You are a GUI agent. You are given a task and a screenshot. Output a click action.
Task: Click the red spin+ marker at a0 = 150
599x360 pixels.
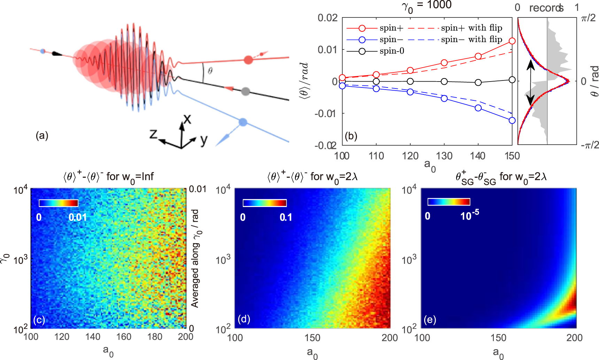coord(512,41)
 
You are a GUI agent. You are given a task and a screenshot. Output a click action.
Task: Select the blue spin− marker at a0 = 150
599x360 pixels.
coord(512,121)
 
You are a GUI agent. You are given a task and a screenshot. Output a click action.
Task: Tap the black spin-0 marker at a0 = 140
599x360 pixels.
coord(478,83)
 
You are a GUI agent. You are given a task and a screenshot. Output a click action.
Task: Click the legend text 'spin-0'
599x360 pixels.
coord(392,51)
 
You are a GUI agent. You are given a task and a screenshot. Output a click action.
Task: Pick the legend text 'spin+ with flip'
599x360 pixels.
coord(472,28)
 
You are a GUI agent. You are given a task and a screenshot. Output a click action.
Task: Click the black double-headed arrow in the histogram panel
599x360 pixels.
coord(530,83)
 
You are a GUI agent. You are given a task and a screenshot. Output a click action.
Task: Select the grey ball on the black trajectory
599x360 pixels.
coord(246,92)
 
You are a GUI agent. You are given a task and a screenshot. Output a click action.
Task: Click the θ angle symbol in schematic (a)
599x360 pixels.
coord(210,71)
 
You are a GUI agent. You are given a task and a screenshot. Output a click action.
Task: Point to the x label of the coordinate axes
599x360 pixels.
coord(187,120)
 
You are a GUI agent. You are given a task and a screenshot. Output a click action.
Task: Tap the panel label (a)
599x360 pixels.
coord(42,136)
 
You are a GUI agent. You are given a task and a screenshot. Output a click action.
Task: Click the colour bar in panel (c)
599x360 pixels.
coord(59,203)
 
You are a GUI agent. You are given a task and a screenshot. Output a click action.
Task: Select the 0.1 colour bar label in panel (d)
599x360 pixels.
coord(286,217)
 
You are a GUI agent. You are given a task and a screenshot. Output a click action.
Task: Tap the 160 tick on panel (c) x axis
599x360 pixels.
coord(124,337)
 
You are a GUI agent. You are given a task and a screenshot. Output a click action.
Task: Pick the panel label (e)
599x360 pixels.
coord(430,320)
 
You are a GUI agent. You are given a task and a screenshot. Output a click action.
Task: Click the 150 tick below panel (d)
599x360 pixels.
coord(312,338)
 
